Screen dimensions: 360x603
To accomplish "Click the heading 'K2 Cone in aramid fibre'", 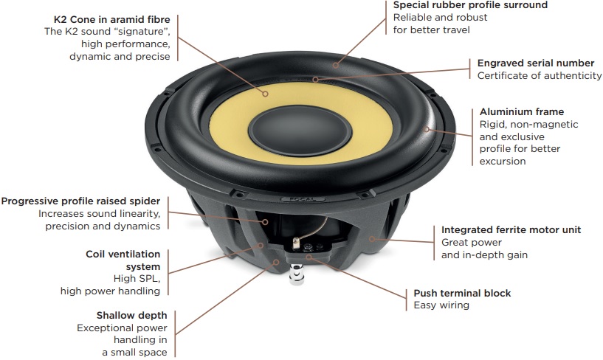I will point(112,18).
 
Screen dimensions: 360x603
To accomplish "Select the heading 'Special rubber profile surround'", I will point(470,5).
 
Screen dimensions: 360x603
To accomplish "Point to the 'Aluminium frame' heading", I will point(521,111).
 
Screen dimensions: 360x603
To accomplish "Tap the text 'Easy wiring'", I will point(441,306).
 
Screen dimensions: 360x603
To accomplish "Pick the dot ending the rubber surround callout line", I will point(335,65).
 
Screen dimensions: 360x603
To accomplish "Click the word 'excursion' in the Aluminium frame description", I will point(503,162).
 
